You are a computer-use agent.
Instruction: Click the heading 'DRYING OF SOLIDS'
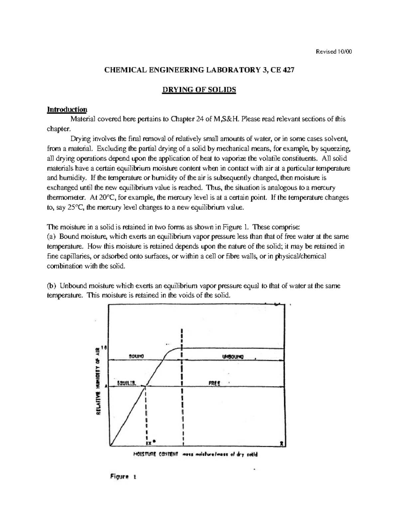tap(199, 90)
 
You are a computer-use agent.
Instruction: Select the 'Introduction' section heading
tap(67, 110)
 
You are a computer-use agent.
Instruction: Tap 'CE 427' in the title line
tap(283, 70)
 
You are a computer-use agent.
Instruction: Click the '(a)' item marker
tap(52, 237)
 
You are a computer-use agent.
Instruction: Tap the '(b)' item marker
tap(52, 286)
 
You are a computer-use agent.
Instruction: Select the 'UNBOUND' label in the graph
tap(233, 357)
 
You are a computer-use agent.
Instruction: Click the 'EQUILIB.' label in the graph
tap(127, 383)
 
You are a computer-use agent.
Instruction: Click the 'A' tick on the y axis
tap(106, 387)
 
